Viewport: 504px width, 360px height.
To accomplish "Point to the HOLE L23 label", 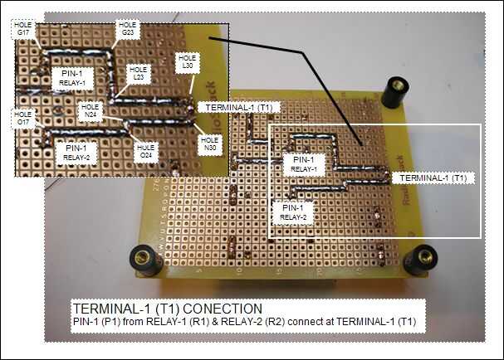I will tap(139, 73).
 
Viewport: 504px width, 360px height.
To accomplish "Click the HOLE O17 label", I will tap(22, 119).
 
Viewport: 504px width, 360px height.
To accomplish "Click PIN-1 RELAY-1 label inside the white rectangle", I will tap(299, 163).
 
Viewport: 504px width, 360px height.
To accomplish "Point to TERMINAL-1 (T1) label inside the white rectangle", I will tap(431, 178).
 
